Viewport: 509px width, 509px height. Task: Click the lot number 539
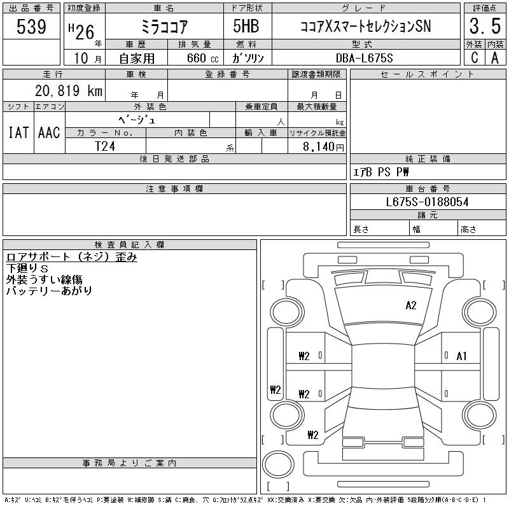point(31,26)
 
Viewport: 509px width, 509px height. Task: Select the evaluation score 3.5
point(485,26)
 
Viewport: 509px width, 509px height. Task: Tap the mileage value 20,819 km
point(69,90)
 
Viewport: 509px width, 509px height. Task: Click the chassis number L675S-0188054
point(427,202)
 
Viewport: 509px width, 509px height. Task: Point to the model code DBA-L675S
point(364,58)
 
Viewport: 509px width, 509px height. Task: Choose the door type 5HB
point(246,26)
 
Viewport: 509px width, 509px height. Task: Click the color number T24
point(105,146)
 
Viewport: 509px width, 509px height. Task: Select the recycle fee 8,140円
point(323,146)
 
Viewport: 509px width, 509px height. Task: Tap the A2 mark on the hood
point(410,305)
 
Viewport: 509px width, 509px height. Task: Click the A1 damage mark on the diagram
point(461,356)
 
